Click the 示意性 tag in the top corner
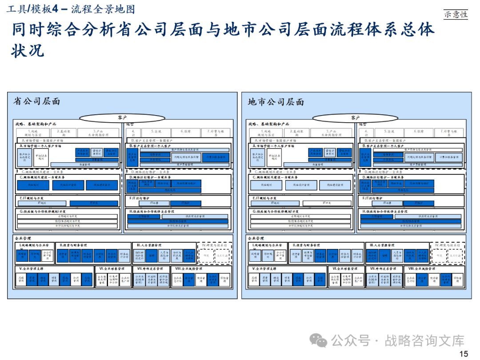click(456, 14)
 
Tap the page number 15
click(464, 354)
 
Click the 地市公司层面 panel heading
click(276, 102)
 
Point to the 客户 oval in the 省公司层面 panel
click(123, 118)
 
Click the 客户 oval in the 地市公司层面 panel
click(355, 118)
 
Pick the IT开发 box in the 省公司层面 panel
click(94, 203)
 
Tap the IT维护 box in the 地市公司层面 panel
click(418, 203)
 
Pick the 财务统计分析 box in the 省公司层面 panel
click(124, 256)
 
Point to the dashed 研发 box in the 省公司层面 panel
click(206, 256)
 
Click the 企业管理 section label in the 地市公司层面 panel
click(256, 239)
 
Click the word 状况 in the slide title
click(28, 50)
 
